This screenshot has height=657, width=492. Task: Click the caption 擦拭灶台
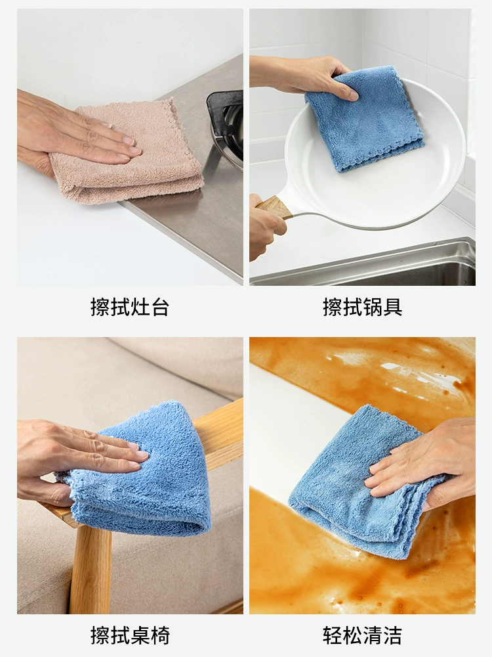[x=130, y=307]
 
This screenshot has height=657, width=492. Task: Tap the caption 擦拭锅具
[x=362, y=307]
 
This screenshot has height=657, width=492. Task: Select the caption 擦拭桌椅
[x=130, y=635]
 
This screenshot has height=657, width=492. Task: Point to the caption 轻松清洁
[x=362, y=635]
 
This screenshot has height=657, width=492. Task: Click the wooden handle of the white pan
[x=274, y=206]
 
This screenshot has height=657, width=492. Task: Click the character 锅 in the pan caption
[x=373, y=307]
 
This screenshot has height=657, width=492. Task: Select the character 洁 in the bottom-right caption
[x=392, y=635]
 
